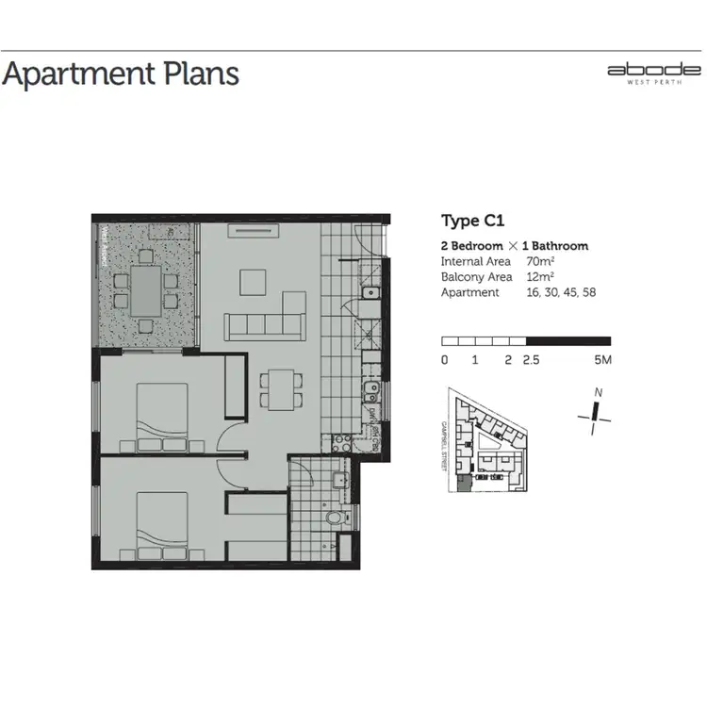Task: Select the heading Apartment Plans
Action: [x=121, y=74]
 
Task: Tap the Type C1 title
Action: [x=473, y=222]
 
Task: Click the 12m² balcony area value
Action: [x=540, y=277]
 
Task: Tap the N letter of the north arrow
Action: [x=597, y=393]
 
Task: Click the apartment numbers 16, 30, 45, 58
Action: [x=562, y=293]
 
